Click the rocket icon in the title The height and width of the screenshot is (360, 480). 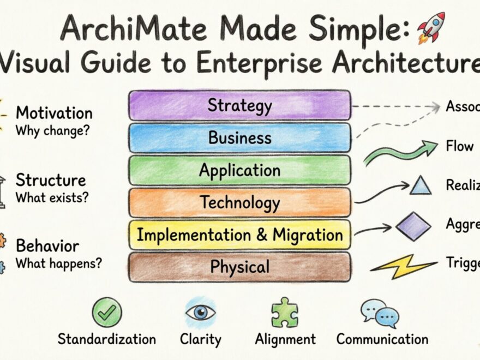[x=431, y=27]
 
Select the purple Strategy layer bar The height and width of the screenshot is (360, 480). [x=239, y=105]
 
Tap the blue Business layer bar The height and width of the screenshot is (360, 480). [x=239, y=137]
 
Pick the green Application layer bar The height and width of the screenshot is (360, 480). [x=239, y=170]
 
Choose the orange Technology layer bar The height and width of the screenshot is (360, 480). [x=239, y=202]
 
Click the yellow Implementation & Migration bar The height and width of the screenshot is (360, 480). [x=239, y=235]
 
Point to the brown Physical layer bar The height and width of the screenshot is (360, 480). [x=239, y=267]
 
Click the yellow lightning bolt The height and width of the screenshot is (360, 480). [x=404, y=266]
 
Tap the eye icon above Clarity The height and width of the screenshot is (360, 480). [x=200, y=313]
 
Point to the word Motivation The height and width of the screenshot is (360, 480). [x=54, y=113]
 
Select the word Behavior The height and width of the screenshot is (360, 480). [x=47, y=245]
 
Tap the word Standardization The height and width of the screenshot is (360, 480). [x=107, y=339]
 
